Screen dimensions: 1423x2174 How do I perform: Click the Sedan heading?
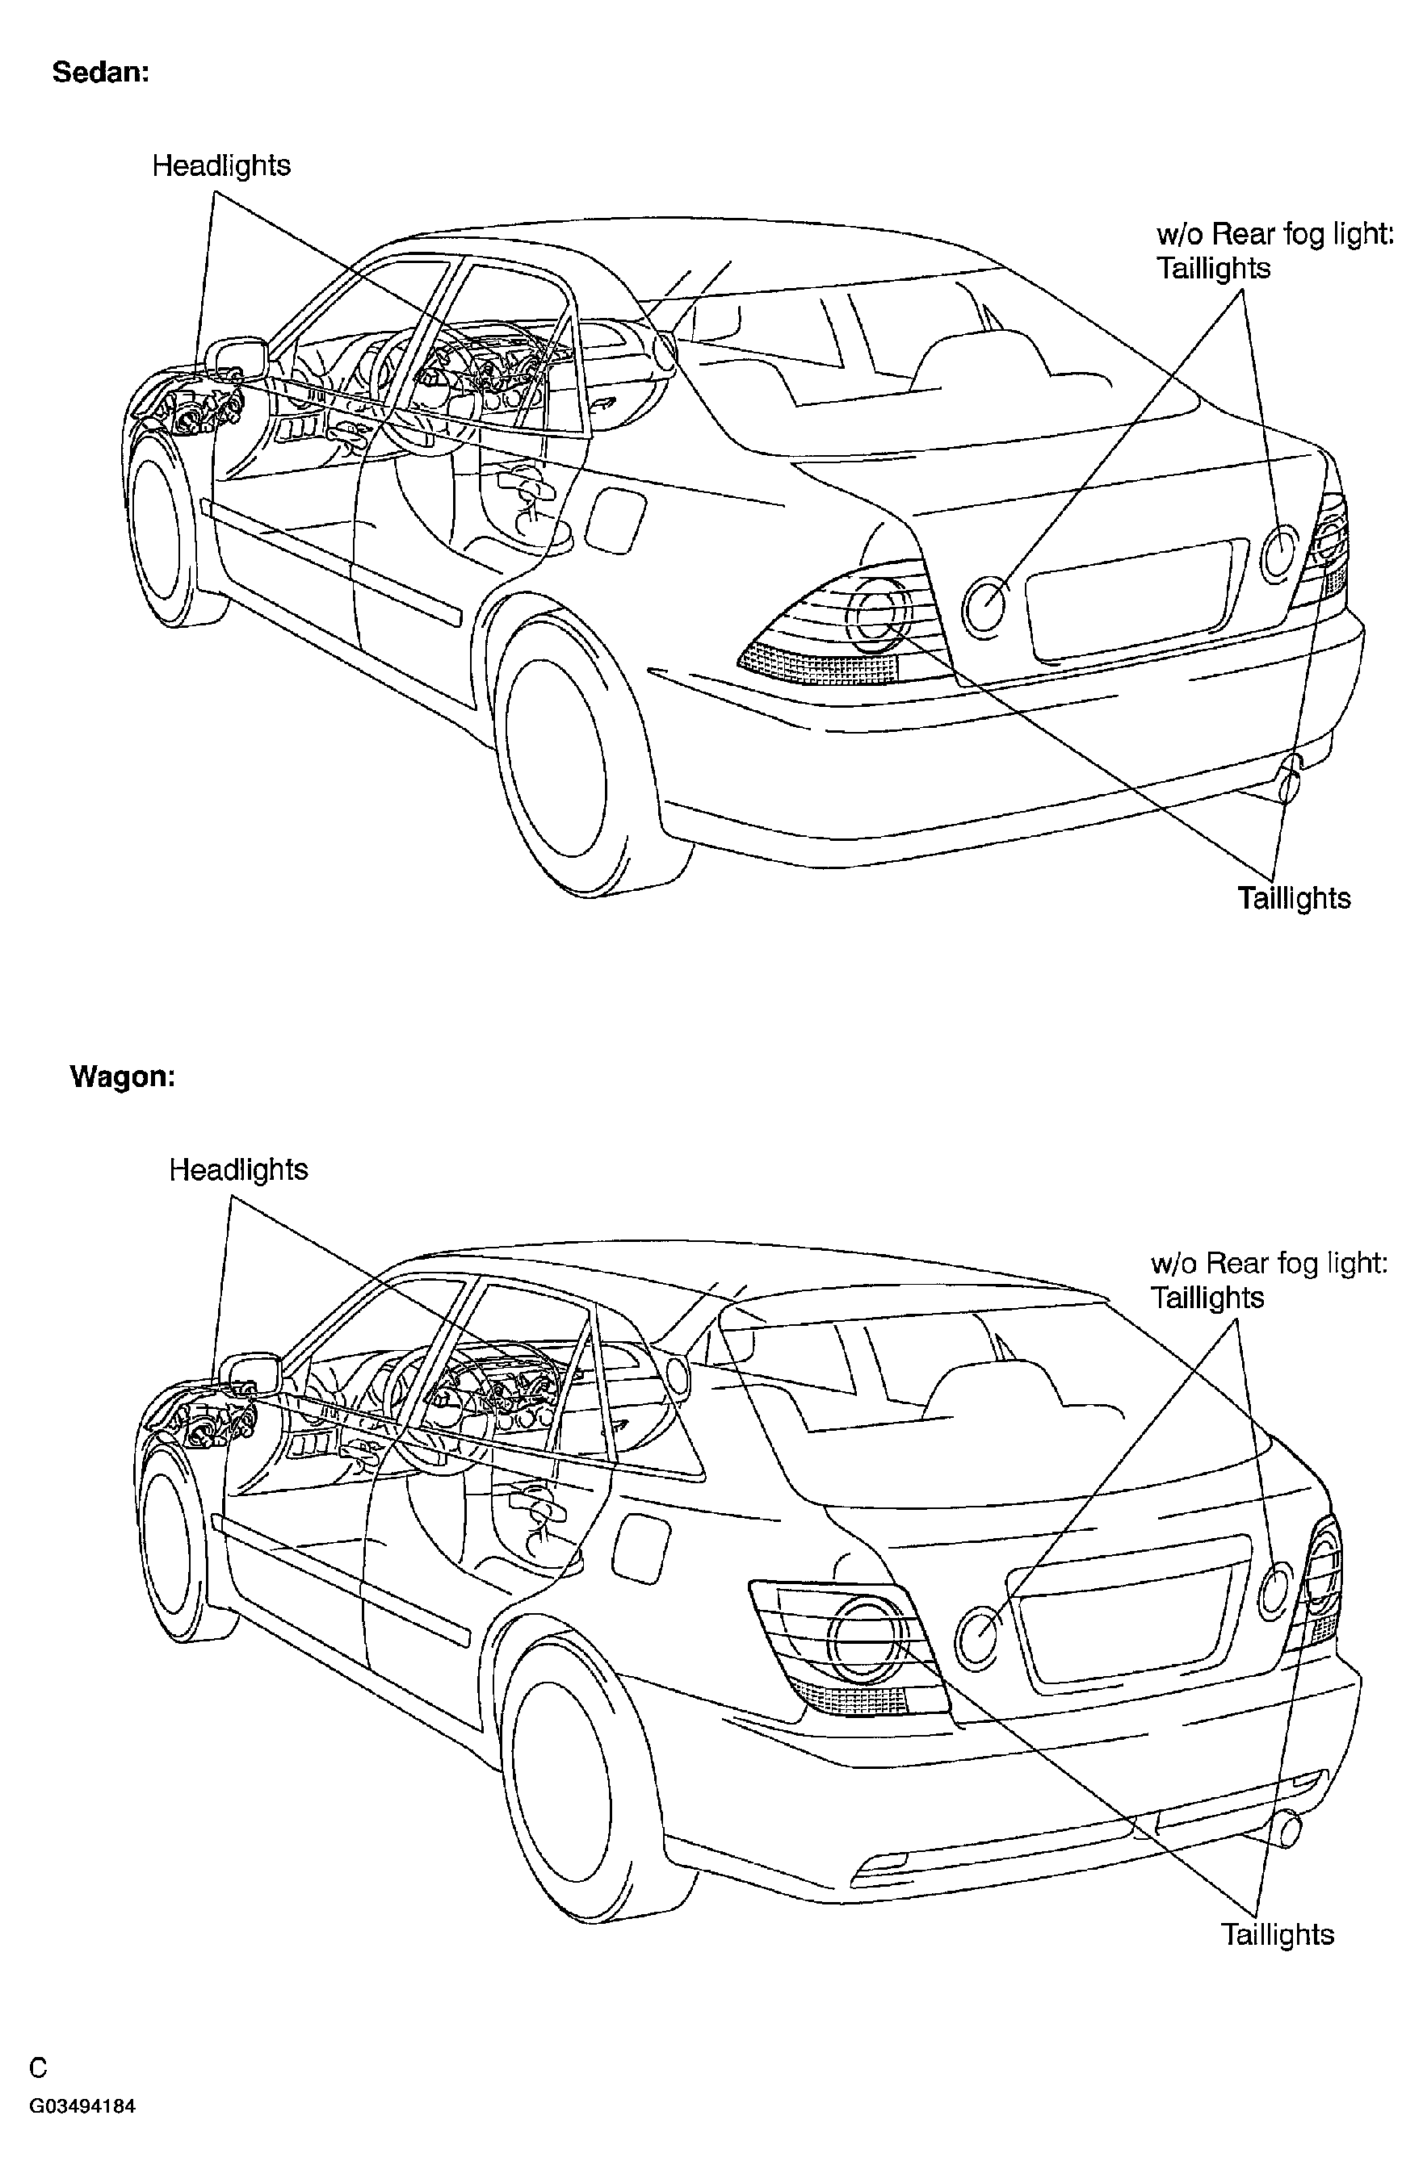point(100,72)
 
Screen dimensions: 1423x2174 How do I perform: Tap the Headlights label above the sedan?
point(221,165)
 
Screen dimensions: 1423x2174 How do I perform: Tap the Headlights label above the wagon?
point(238,1169)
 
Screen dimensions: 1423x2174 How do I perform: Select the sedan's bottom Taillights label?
point(1294,898)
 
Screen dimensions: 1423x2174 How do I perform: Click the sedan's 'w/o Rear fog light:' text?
point(1276,235)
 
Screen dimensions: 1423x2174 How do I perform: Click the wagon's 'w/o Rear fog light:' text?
point(1270,1263)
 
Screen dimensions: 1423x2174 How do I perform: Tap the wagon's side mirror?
point(250,1373)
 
